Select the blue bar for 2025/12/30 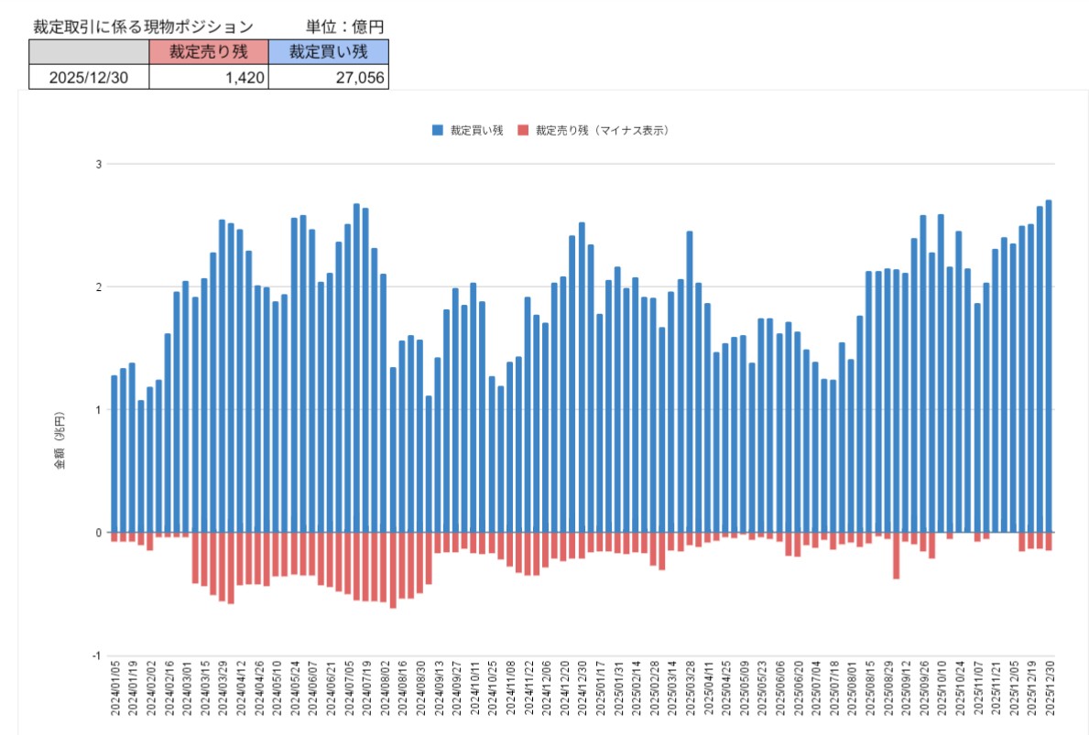click(1049, 366)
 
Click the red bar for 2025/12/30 click(1049, 541)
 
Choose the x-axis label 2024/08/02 click(385, 700)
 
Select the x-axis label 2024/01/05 click(114, 700)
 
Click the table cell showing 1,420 click(209, 78)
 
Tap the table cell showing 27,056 click(330, 78)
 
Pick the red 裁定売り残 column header click(209, 52)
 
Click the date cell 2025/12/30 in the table click(89, 78)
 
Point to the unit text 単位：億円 click(343, 27)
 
